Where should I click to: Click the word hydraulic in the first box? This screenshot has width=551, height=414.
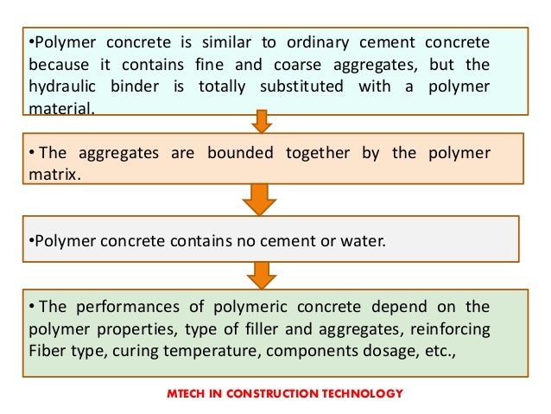[x=60, y=87]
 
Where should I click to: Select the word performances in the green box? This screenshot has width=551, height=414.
[x=114, y=308]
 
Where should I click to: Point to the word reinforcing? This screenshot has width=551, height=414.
[x=450, y=329]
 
